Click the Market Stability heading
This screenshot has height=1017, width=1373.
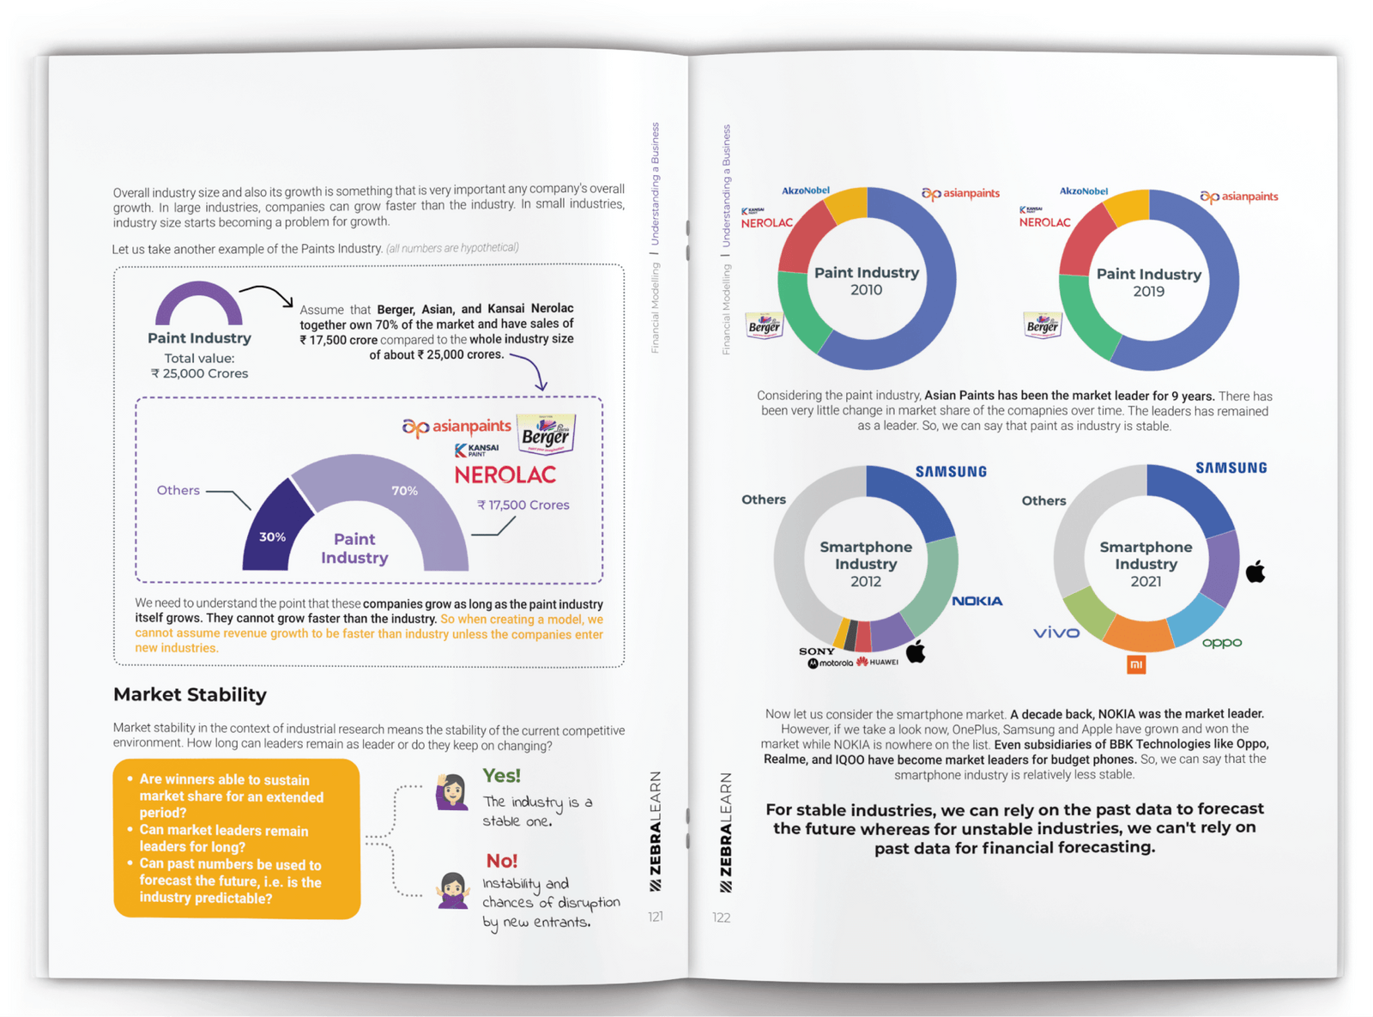point(190,694)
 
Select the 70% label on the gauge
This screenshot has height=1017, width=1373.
point(404,491)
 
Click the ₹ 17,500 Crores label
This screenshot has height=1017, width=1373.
point(523,505)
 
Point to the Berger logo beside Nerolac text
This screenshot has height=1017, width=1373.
point(546,433)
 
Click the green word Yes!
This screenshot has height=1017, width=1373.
point(501,776)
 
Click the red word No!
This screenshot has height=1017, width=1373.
point(501,860)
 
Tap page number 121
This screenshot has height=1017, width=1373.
point(656,917)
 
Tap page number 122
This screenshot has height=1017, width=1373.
point(721,917)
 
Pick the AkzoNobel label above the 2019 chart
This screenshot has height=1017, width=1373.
point(1083,191)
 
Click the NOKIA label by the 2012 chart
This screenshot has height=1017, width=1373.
point(977,601)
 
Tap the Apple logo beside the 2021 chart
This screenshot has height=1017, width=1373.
point(1255,572)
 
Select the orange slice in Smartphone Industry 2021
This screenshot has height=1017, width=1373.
point(1137,633)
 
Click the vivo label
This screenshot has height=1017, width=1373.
point(1056,633)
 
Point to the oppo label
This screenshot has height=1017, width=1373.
point(1221,643)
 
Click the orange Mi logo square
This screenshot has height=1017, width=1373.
point(1136,664)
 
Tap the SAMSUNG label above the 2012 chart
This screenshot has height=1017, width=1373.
point(951,472)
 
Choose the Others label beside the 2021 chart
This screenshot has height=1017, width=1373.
point(1043,500)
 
